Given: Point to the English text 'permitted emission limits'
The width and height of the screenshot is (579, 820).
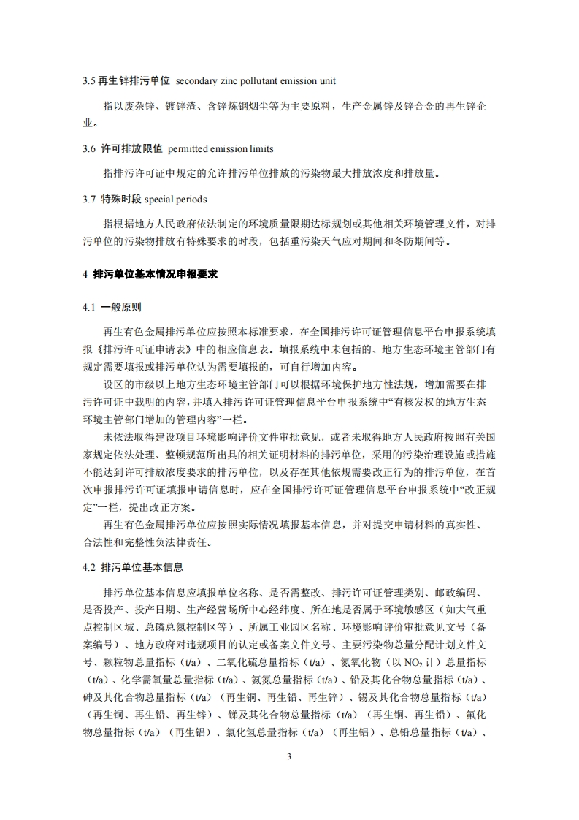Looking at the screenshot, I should click(221, 148).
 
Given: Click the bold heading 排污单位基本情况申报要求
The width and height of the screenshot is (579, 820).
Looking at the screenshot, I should click(155, 274).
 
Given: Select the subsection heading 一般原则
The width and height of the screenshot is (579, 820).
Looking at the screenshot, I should click(121, 307).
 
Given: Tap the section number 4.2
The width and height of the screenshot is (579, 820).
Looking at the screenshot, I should click(89, 566).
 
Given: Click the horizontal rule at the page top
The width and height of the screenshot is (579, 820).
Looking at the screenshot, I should click(289, 53).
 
